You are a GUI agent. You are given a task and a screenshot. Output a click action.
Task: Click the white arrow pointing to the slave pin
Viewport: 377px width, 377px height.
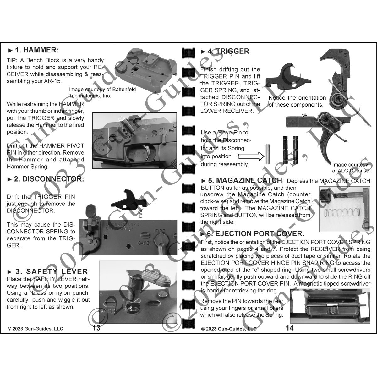point(250,156)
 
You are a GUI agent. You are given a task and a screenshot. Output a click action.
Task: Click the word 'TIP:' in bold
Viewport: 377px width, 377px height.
point(13,60)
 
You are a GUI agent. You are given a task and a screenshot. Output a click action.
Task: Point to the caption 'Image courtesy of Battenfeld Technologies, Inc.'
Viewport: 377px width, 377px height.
point(102,93)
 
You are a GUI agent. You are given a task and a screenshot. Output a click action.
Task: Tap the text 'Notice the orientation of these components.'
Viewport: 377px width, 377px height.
point(297,101)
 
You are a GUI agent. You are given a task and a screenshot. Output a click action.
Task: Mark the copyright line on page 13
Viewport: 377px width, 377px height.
point(36,329)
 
